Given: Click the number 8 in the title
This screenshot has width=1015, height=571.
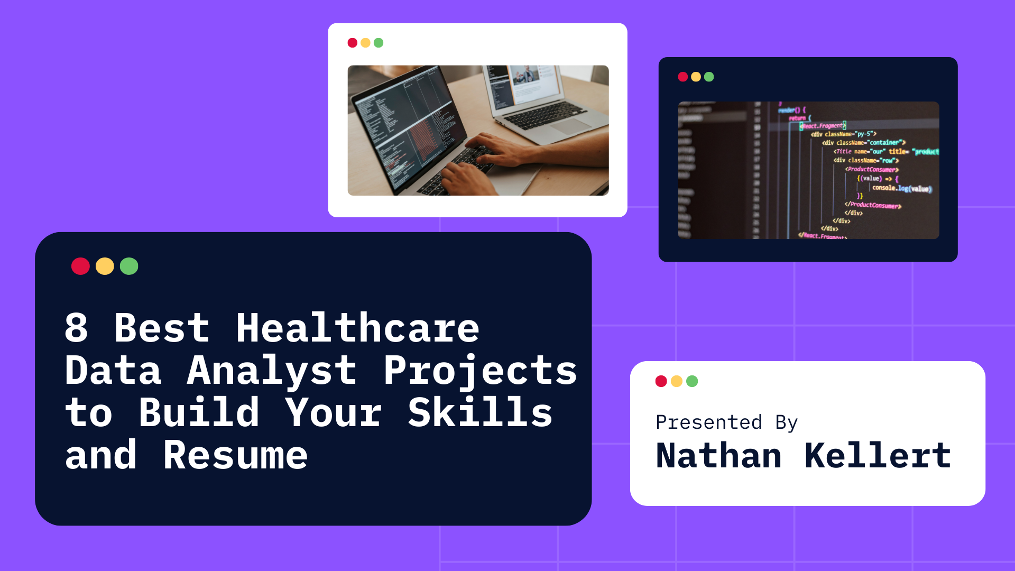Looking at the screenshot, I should click(76, 328).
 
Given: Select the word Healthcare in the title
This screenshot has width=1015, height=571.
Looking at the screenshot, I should click(357, 328).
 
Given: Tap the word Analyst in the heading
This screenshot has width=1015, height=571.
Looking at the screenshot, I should click(272, 371).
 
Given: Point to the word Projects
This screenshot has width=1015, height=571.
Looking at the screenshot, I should click(480, 371).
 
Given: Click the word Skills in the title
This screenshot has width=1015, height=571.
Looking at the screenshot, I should click(480, 413).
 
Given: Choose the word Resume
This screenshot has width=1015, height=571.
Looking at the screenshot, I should click(235, 455).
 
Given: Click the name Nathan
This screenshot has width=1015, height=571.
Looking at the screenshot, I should click(718, 456).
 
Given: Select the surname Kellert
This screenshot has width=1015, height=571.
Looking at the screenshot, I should click(878, 456).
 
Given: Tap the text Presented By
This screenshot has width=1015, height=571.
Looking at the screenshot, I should click(726, 422).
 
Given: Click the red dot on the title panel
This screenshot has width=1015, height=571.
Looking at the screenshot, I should click(80, 266).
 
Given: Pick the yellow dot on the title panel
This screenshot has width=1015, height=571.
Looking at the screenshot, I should click(105, 266).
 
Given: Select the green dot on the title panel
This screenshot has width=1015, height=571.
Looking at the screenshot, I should click(129, 266).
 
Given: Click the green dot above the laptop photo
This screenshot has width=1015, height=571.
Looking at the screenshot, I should click(379, 43).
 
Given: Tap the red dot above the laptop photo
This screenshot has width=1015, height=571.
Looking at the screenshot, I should click(353, 43).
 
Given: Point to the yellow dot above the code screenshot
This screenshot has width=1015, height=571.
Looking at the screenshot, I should click(696, 77).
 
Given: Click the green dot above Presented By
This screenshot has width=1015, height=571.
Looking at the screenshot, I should click(692, 381).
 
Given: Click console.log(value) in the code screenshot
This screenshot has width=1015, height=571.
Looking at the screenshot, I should click(901, 188).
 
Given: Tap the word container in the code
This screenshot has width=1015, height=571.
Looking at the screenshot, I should click(884, 143).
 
